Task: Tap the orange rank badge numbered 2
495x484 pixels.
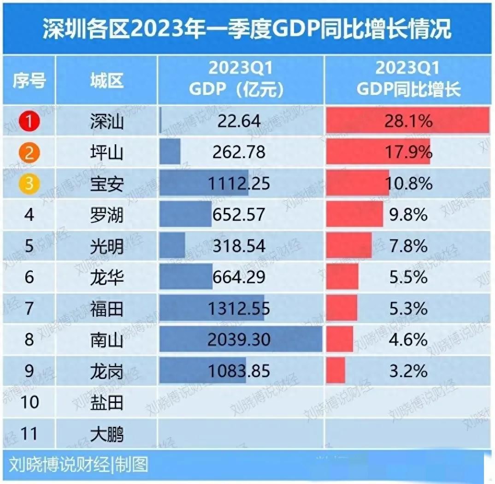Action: [x=29, y=152]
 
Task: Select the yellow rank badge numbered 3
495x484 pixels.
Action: [x=29, y=183]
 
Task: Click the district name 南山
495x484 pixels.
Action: [x=107, y=340]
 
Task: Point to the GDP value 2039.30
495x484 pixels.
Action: [x=239, y=340]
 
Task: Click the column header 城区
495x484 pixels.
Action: [x=107, y=81]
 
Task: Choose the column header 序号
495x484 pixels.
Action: [x=29, y=81]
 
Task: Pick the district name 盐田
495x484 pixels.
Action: [x=107, y=403]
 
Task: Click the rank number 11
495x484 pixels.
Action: [x=29, y=434]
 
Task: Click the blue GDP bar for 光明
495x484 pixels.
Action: [x=172, y=245]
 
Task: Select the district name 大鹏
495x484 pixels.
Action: [x=107, y=434]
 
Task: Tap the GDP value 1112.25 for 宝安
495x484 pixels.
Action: [x=239, y=183]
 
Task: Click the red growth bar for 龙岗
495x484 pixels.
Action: [x=336, y=371]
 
